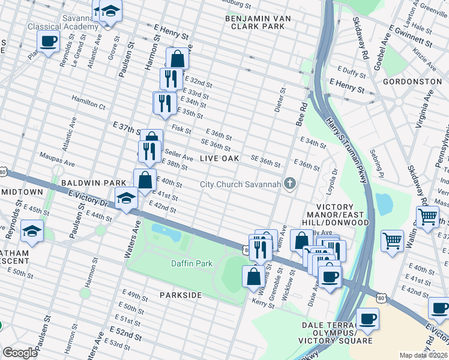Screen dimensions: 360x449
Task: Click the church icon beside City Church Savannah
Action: (291, 184)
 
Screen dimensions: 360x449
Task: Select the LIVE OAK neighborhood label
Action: (219, 158)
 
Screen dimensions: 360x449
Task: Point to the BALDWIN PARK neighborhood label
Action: (93, 182)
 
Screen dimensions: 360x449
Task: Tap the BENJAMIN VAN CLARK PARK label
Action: (258, 23)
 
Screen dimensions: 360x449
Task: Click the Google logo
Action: (20, 353)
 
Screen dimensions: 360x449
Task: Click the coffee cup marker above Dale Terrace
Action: (367, 319)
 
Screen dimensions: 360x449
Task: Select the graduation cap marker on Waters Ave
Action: (126, 199)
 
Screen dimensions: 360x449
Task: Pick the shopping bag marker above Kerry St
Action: (253, 277)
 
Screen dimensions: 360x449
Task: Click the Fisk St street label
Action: (181, 129)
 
